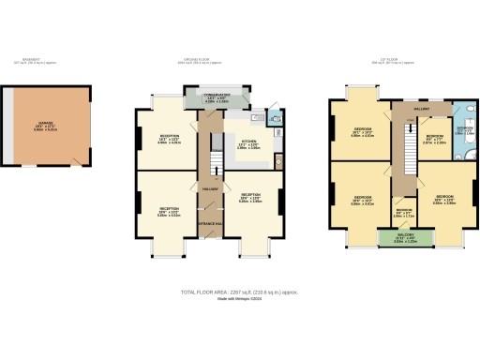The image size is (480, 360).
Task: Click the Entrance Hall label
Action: point(211,224)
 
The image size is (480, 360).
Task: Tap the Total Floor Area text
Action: point(240,292)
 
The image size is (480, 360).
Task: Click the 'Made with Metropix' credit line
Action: point(240,299)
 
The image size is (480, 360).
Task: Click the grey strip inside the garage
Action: point(8,126)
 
